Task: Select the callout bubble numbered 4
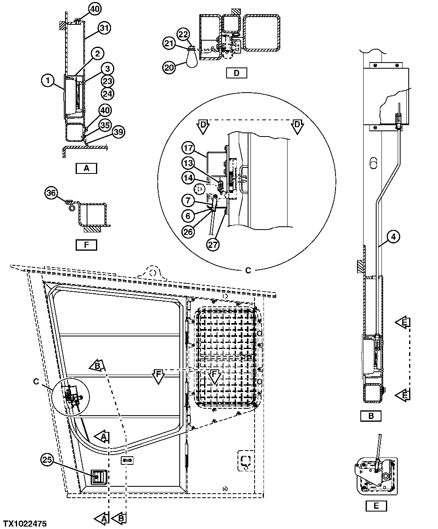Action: pyautogui.click(x=394, y=236)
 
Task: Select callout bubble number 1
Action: pyautogui.click(x=48, y=81)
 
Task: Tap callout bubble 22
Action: pyautogui.click(x=183, y=35)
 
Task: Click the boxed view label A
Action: pyautogui.click(x=86, y=168)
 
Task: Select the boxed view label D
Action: pyautogui.click(x=236, y=73)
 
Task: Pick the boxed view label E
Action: pyautogui.click(x=376, y=505)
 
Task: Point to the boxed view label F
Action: pyautogui.click(x=86, y=245)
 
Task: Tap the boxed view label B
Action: pyautogui.click(x=370, y=416)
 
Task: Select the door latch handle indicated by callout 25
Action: pyautogui.click(x=99, y=477)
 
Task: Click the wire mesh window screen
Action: pyautogui.click(x=226, y=358)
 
